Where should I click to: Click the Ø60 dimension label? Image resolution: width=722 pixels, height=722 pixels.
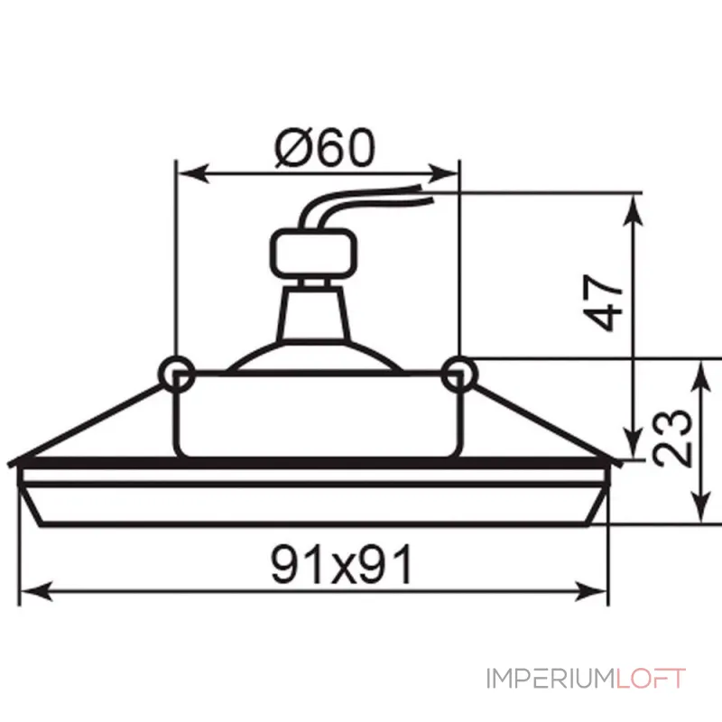(x=325, y=148)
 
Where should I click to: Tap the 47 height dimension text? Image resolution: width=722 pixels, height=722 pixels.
(x=603, y=302)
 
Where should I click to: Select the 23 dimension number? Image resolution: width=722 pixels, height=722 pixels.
(x=672, y=438)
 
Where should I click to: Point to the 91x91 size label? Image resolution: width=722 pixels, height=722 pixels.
(x=341, y=564)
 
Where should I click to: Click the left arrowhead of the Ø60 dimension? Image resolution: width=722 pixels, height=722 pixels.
(x=193, y=173)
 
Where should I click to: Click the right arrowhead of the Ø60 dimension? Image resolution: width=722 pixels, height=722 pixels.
(x=442, y=173)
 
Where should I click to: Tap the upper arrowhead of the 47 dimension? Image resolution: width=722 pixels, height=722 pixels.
(x=634, y=210)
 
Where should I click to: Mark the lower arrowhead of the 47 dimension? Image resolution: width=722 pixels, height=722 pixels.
(x=634, y=443)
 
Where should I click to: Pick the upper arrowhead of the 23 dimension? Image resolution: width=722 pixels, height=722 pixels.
(x=701, y=375)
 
